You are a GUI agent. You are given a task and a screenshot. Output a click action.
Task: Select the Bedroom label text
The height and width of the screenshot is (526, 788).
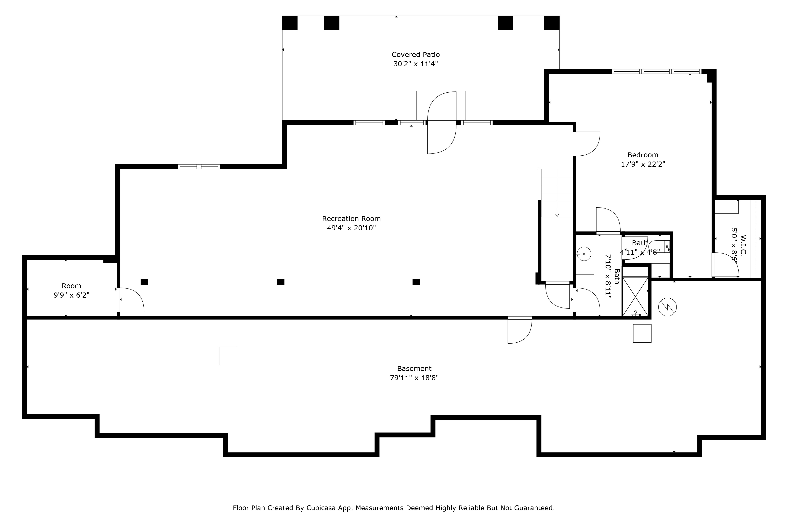click(x=643, y=155)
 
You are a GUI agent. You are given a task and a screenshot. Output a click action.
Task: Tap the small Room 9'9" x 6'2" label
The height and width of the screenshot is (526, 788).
click(x=71, y=291)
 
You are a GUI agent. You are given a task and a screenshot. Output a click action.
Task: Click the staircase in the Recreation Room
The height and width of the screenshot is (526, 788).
click(x=557, y=193)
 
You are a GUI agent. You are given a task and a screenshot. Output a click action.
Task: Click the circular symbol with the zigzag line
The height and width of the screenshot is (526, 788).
click(x=667, y=307)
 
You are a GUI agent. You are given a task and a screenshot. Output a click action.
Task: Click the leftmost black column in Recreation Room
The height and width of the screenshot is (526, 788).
click(x=144, y=282)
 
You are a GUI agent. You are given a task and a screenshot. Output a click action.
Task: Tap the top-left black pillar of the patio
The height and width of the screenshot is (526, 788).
click(x=290, y=23)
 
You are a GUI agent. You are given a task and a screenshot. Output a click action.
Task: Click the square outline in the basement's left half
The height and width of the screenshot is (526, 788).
click(x=228, y=356)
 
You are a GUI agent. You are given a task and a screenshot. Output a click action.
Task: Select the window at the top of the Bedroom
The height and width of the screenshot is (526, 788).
click(x=656, y=71)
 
